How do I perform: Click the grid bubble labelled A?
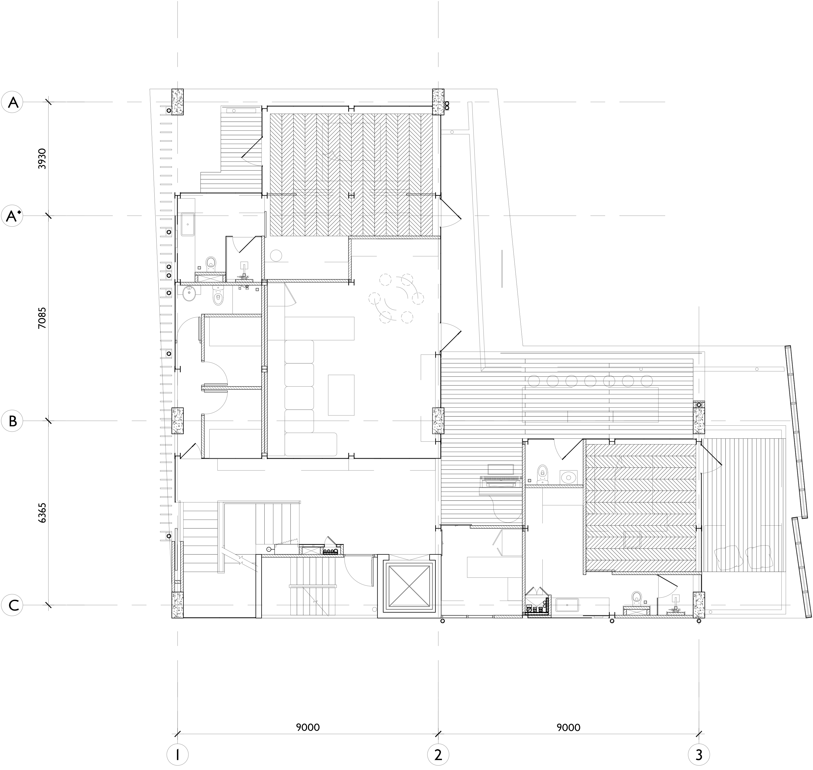coord(13,102)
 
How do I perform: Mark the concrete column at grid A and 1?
coord(177,102)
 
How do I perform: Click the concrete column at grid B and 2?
coord(438,421)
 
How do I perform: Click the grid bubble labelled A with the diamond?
coord(13,216)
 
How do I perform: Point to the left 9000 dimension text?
coord(308,727)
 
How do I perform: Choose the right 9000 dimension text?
coord(569,727)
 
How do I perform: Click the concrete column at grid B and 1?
coord(177,421)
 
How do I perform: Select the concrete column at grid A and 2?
coord(438,102)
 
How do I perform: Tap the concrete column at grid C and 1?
coord(177,604)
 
